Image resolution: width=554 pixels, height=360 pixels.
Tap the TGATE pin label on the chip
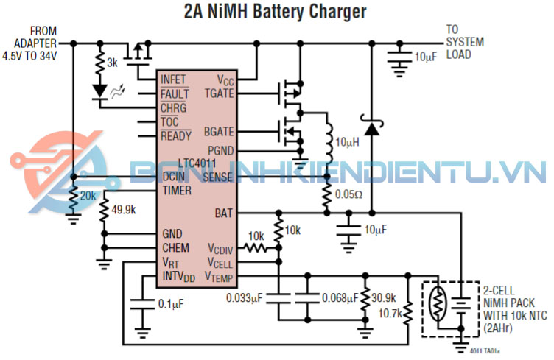pos(219,93)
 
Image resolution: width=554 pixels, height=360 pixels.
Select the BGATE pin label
pos(219,133)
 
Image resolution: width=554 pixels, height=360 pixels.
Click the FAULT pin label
pos(175,93)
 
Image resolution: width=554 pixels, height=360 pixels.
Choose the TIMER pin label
pos(177,191)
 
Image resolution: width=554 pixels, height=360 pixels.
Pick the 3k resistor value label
pos(112,63)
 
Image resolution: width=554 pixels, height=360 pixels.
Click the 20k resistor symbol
pos(73,200)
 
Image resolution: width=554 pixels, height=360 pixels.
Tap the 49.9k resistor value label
pos(122,210)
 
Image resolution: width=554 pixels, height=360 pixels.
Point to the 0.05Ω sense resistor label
pos(349,196)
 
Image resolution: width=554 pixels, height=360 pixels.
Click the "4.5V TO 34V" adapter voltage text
pos(30,55)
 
